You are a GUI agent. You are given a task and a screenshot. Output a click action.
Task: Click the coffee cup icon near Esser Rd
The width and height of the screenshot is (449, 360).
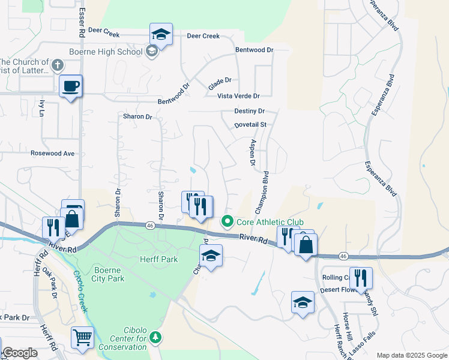click(71, 86)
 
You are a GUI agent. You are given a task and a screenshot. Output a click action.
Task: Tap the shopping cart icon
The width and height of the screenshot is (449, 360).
click(82, 337)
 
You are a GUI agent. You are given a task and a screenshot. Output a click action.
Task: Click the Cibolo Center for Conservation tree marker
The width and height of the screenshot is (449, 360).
click(156, 338)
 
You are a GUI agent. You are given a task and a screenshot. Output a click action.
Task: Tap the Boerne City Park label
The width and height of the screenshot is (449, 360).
click(109, 274)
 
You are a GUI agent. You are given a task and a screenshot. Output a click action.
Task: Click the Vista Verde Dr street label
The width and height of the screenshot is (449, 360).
click(238, 96)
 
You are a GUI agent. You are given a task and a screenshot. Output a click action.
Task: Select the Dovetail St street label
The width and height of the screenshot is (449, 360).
click(250, 125)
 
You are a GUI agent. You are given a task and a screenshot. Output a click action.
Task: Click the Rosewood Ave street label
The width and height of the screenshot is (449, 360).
click(53, 154)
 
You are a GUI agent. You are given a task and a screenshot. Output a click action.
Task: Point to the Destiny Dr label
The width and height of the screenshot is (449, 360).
click(249, 111)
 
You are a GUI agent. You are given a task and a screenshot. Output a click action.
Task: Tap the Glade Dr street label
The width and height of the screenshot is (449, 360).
click(220, 80)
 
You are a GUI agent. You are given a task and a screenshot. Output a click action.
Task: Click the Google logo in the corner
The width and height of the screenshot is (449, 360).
click(20, 353)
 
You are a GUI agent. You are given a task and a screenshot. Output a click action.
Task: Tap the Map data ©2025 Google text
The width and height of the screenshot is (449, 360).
click(412, 355)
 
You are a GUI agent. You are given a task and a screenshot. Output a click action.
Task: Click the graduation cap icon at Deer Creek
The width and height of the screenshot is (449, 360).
click(161, 34)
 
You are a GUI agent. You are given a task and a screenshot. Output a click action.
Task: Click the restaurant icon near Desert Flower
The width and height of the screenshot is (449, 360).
click(361, 278)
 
